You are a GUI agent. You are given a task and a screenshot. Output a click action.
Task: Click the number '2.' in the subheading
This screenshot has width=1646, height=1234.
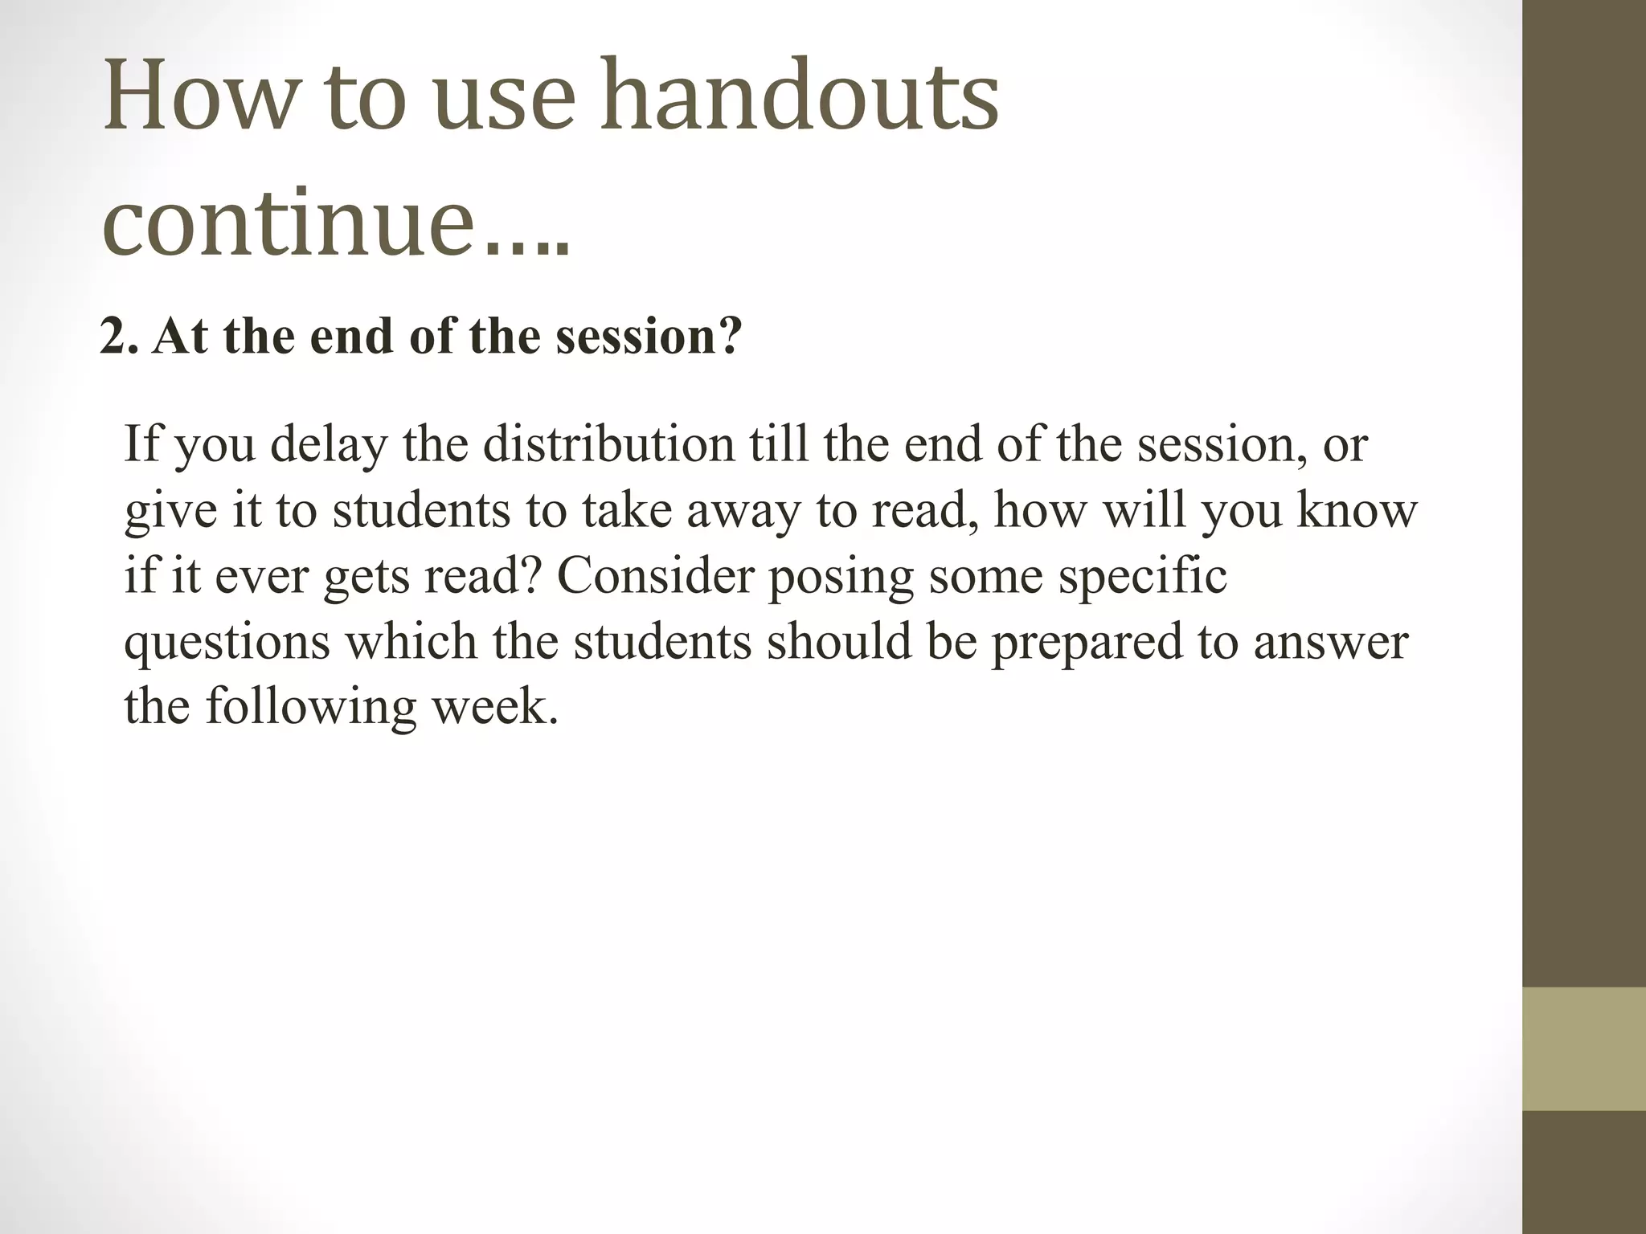coord(119,337)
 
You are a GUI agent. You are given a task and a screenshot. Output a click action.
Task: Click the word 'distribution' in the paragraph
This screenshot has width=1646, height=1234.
coord(608,443)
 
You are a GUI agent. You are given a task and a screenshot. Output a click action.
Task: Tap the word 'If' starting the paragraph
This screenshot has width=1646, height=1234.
coord(141,443)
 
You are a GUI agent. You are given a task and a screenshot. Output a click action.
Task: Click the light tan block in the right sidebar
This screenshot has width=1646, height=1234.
coord(1584,1048)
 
